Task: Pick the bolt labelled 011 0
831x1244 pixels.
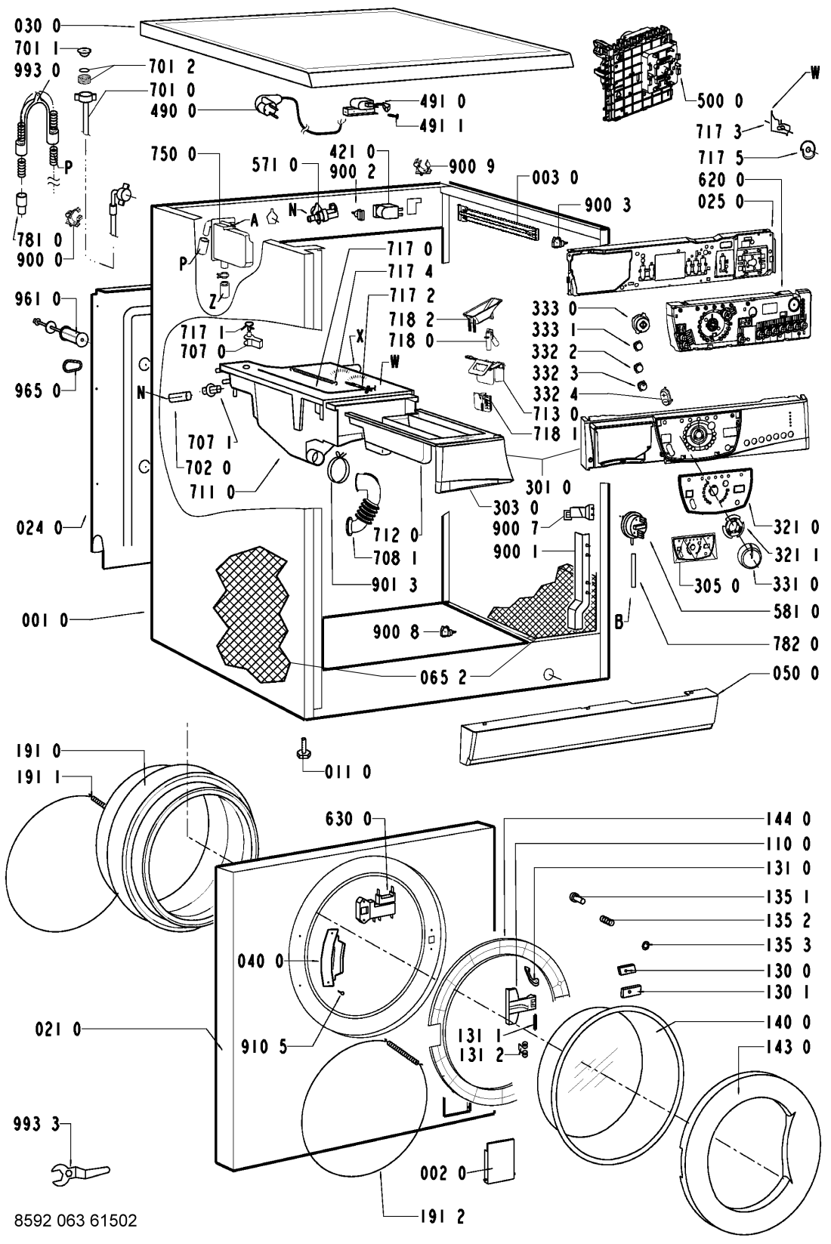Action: [301, 750]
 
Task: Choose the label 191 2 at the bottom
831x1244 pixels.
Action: [438, 1217]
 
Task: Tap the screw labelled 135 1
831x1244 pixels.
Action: [578, 897]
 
